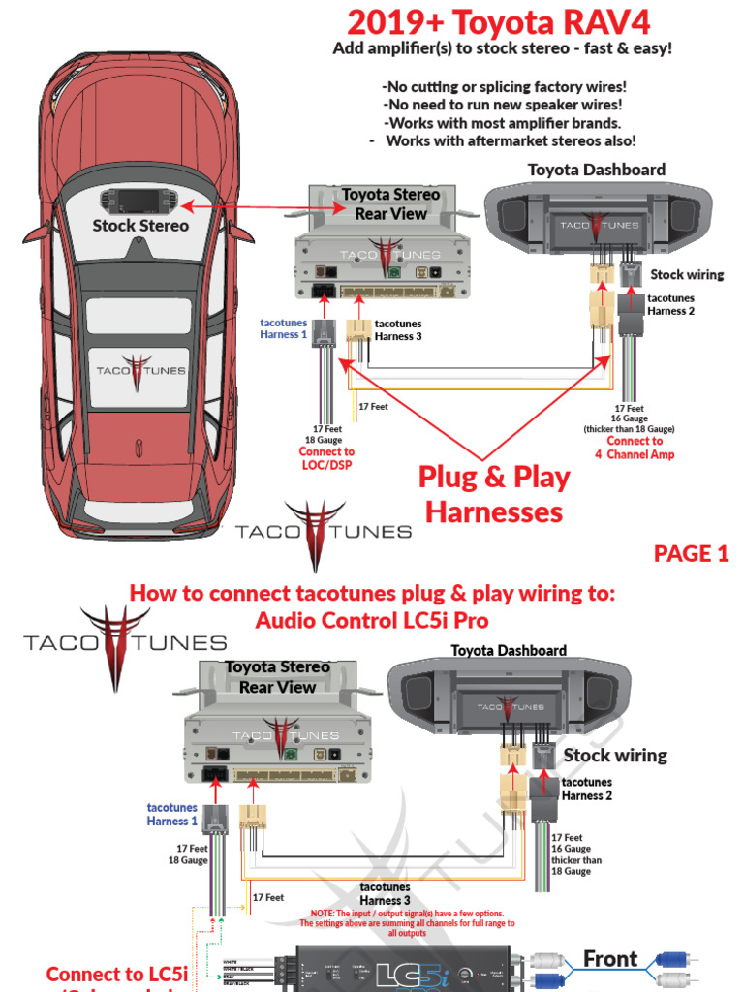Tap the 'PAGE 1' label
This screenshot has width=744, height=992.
tap(691, 553)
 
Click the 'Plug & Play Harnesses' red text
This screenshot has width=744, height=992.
tap(494, 494)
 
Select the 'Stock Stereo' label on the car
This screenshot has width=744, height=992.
tap(140, 226)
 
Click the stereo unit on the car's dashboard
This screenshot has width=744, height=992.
tap(141, 201)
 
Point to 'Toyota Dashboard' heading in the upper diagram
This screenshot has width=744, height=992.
tap(596, 170)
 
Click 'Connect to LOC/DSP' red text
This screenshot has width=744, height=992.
tap(326, 458)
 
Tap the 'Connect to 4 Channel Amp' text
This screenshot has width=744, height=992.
tap(639, 448)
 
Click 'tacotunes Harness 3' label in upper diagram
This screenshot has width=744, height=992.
tap(399, 329)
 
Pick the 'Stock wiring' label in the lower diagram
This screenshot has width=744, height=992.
tap(615, 755)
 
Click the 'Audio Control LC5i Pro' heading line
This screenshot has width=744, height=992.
tap(372, 620)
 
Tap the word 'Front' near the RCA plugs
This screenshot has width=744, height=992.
tap(610, 959)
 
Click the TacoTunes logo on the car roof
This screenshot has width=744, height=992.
tap(139, 371)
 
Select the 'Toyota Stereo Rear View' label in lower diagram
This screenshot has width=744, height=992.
tap(278, 677)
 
